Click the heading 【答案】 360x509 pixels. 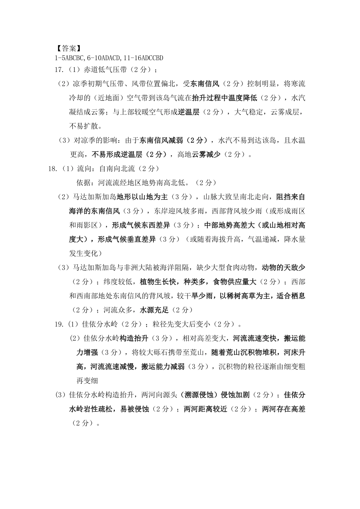(68, 49)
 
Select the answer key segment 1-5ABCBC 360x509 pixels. (70, 58)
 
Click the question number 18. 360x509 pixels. (53, 169)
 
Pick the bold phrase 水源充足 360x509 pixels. (154, 310)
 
